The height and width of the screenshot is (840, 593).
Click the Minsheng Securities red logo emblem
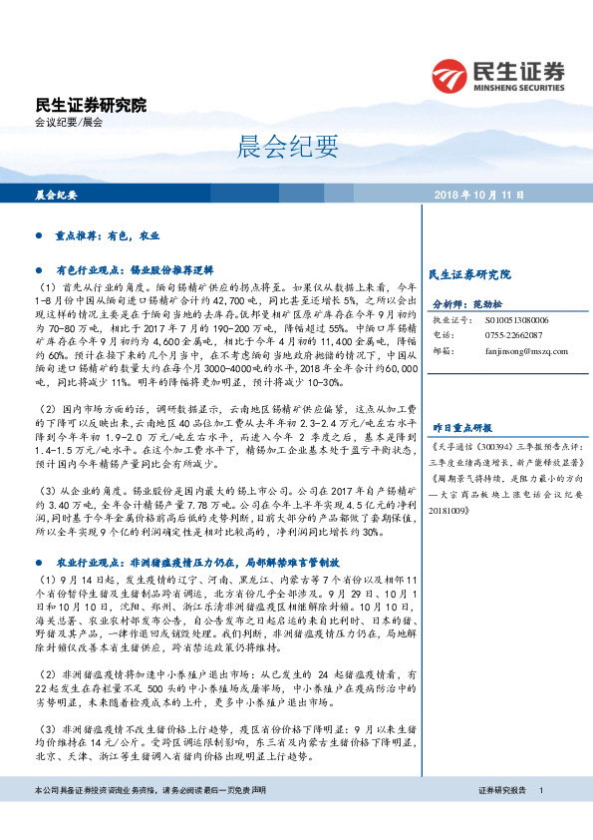[x=449, y=76]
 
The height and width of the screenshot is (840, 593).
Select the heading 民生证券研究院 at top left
[x=90, y=105]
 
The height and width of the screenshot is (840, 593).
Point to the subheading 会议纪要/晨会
[x=69, y=122]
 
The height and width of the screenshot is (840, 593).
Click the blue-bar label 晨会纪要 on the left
[x=56, y=195]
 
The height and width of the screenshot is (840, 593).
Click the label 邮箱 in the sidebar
[x=441, y=350]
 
